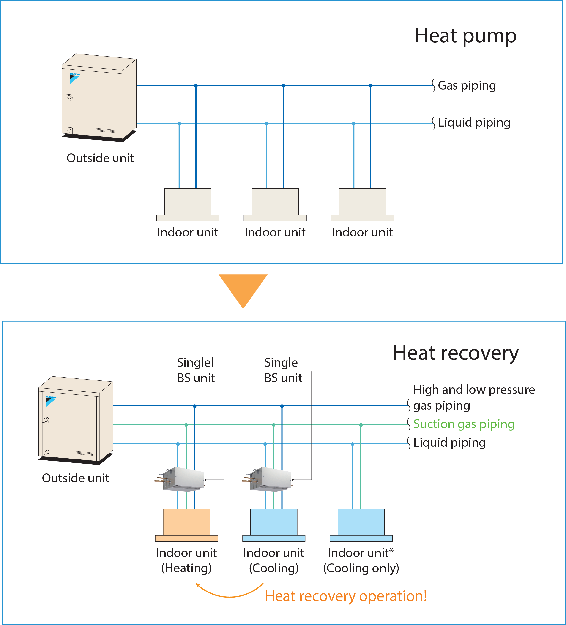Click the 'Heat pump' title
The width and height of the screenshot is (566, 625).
(x=465, y=36)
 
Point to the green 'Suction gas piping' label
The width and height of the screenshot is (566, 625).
(x=464, y=424)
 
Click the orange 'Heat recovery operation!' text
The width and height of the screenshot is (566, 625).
(x=346, y=596)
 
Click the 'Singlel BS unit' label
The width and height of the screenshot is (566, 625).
(x=196, y=370)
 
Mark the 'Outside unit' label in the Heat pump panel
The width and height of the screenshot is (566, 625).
(x=100, y=158)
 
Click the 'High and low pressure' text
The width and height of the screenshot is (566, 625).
(x=474, y=390)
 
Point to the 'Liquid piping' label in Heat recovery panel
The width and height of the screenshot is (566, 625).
(x=449, y=443)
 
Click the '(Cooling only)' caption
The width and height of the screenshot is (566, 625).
(x=361, y=568)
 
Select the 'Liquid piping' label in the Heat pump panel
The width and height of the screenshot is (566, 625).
(x=474, y=123)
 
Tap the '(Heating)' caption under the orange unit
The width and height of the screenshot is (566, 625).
(x=186, y=568)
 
